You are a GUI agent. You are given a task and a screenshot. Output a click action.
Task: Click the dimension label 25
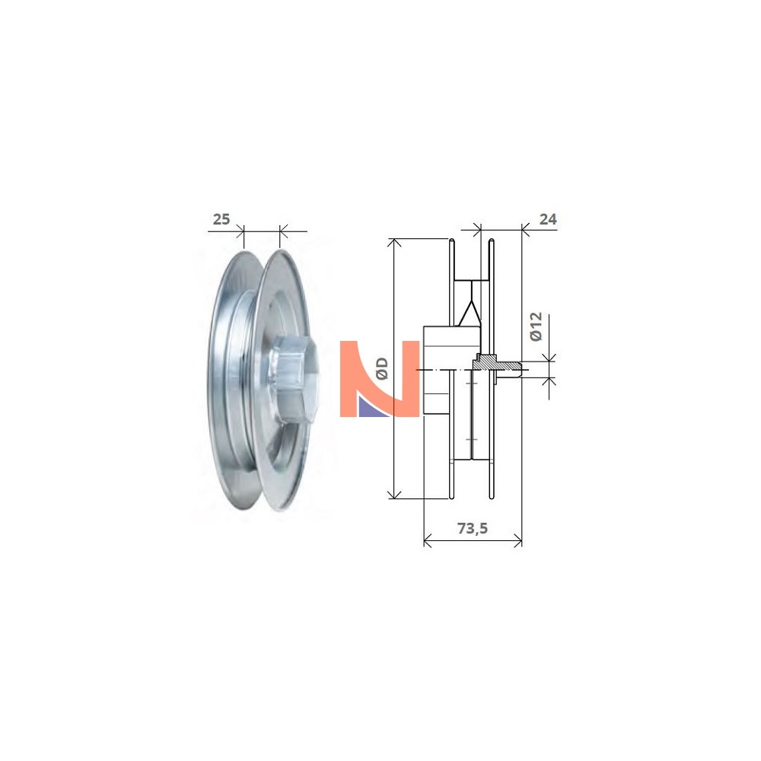pyautogui.click(x=221, y=219)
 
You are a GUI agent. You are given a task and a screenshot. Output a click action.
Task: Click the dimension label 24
pyautogui.click(x=548, y=219)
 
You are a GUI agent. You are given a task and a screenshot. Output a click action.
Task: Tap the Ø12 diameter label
pyautogui.click(x=536, y=326)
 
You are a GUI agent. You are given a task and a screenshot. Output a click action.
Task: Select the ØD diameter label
pyautogui.click(x=383, y=368)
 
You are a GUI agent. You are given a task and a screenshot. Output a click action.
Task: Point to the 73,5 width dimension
pyautogui.click(x=473, y=528)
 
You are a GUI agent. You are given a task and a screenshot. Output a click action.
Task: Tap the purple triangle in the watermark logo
pyautogui.click(x=373, y=405)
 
